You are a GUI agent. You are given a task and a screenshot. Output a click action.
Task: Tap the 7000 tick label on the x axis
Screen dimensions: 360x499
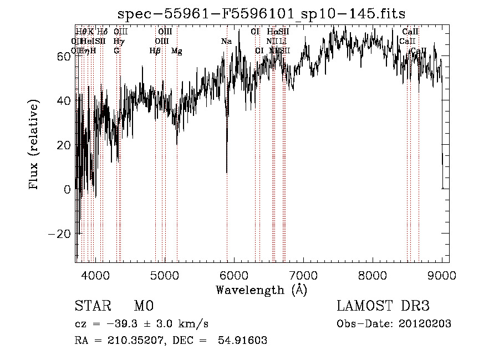(x=303, y=273)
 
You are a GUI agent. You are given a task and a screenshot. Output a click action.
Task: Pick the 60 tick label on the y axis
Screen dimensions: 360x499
(x=63, y=56)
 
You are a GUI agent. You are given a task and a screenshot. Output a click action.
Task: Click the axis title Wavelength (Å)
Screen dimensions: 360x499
(x=261, y=290)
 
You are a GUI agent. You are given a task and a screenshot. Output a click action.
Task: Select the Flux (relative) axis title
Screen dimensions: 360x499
(x=34, y=145)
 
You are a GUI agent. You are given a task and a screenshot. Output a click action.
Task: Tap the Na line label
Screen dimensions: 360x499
(x=226, y=41)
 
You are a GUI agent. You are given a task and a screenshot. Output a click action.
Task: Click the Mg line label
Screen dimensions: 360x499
(x=176, y=50)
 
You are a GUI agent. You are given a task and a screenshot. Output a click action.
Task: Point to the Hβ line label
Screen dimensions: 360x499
(x=155, y=50)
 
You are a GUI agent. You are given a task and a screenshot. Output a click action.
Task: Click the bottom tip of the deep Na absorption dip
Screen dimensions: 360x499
(x=226, y=173)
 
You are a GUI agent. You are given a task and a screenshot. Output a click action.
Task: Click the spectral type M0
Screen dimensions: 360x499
(x=144, y=306)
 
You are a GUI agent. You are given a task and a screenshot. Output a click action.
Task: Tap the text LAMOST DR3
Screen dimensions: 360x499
(x=383, y=306)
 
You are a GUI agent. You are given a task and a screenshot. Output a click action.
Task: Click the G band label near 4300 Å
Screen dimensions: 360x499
(x=116, y=50)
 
